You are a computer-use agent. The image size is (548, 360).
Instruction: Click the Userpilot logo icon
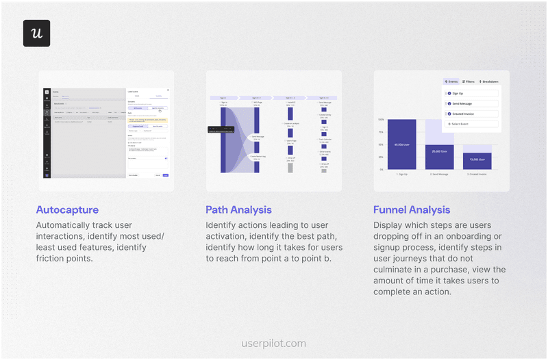click(36, 33)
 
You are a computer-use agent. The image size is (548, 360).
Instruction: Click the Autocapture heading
click(67, 210)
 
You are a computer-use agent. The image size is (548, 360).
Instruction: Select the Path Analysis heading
click(238, 210)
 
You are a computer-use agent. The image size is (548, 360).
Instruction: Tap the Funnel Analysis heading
click(412, 210)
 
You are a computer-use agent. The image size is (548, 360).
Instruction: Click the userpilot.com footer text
click(274, 344)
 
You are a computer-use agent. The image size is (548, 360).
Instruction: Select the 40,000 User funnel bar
click(401, 144)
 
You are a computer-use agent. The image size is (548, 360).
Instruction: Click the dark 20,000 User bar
click(439, 157)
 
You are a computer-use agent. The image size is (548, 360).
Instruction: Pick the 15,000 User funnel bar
click(477, 161)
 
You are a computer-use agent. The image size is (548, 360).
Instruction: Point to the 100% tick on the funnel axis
click(381, 120)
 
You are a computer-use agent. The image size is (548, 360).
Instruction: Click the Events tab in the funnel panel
click(451, 81)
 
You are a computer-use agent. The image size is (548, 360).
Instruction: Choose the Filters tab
click(469, 81)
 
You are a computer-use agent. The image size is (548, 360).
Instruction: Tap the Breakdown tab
click(489, 81)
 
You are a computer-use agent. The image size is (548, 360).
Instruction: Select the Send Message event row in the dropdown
click(471, 103)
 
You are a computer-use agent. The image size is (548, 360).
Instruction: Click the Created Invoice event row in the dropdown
click(471, 114)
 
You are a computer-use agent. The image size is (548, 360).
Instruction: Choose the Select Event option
click(471, 124)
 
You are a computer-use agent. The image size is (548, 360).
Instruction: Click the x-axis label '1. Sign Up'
click(401, 175)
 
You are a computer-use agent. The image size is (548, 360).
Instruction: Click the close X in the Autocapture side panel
click(168, 90)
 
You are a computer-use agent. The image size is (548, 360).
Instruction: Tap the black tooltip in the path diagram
click(216, 129)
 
